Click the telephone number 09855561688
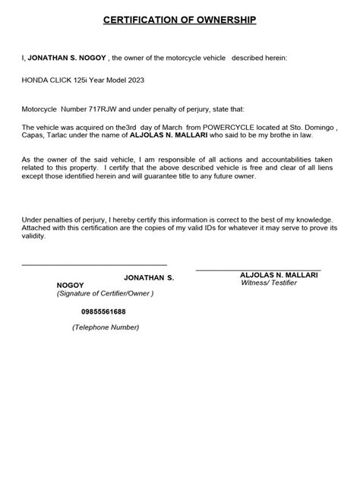click(x=104, y=311)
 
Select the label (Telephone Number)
click(x=106, y=327)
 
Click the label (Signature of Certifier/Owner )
click(x=106, y=293)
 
